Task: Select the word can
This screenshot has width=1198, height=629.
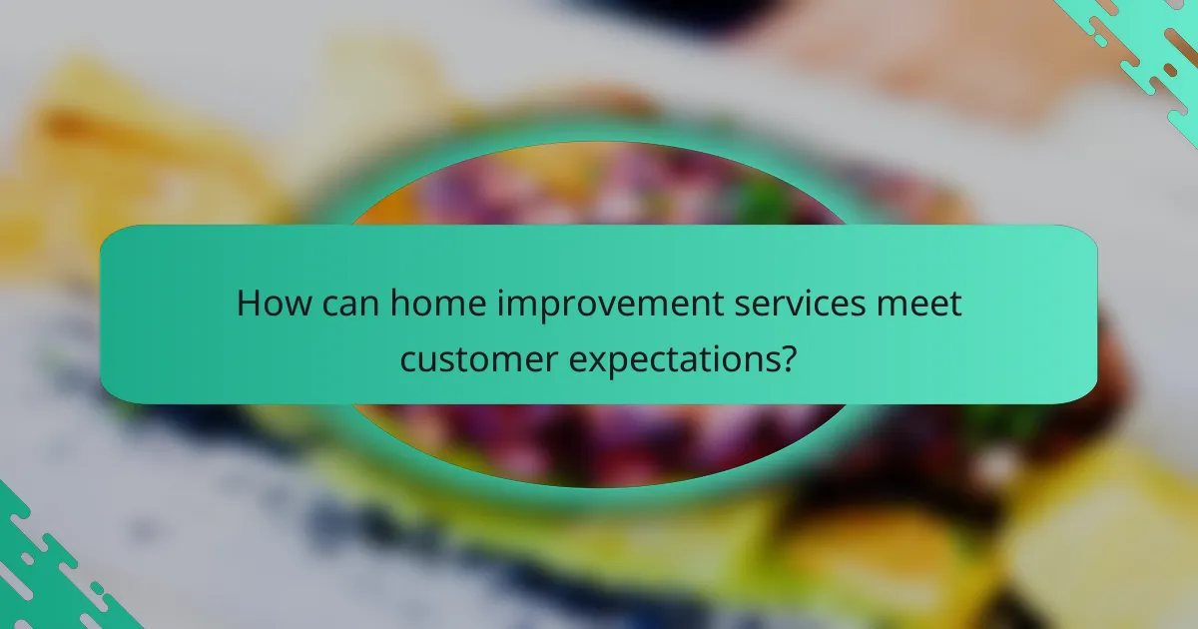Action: click(x=350, y=303)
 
